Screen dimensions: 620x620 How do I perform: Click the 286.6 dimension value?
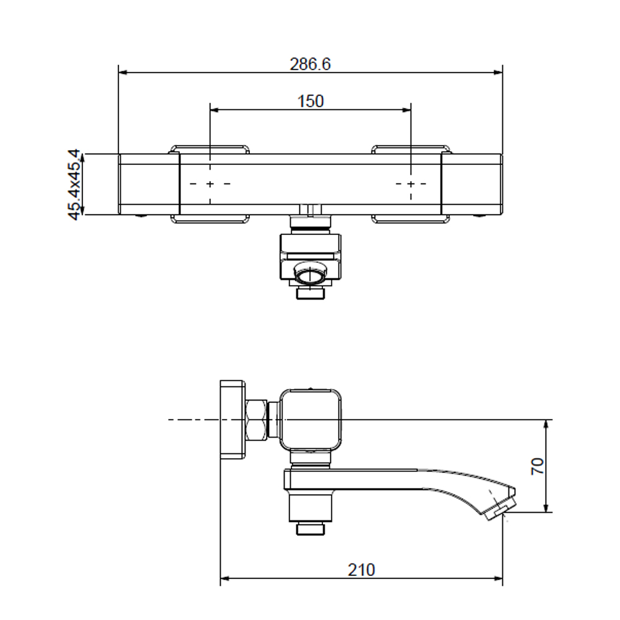pyautogui.click(x=310, y=64)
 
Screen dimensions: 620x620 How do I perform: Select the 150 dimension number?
pyautogui.click(x=311, y=101)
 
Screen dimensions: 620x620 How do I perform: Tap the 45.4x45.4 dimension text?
pyautogui.click(x=74, y=184)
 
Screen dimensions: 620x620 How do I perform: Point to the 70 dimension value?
pyautogui.click(x=538, y=466)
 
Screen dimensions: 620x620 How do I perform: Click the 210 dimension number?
pyautogui.click(x=361, y=570)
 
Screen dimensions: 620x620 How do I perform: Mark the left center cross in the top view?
pyautogui.click(x=210, y=184)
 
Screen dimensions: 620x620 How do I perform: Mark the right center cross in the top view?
pyautogui.click(x=411, y=184)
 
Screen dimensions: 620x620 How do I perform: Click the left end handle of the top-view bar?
pyautogui.click(x=149, y=184)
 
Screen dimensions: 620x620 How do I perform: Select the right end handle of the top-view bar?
pyautogui.click(x=472, y=184)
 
